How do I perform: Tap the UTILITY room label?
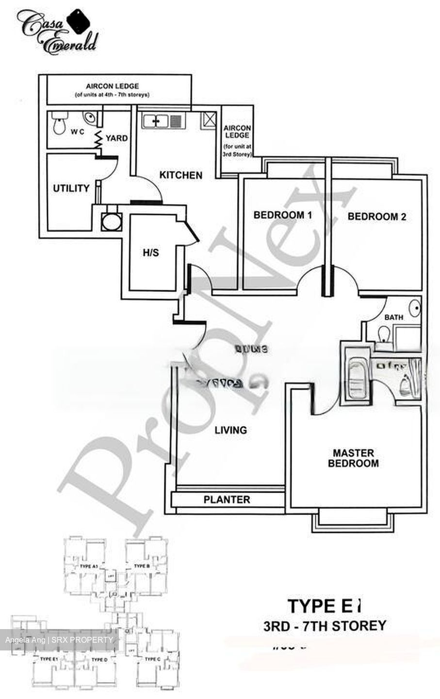point(71,188)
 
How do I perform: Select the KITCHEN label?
point(180,175)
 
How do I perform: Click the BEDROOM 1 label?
point(282,215)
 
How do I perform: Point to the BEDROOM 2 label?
point(376,216)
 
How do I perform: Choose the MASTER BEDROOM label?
point(353,458)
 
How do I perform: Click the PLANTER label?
point(227,499)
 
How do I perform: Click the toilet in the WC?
point(59,124)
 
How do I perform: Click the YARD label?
point(116,138)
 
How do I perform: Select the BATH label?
point(393,317)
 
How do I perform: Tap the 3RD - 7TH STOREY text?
point(325,625)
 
